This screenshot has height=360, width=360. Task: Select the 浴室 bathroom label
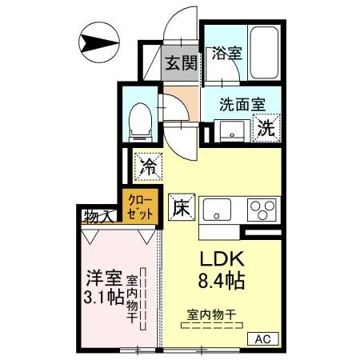(x=226, y=54)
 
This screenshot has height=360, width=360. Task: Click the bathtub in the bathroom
(x=264, y=53)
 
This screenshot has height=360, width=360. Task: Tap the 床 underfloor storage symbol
(x=181, y=206)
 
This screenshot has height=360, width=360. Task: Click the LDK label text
(x=220, y=261)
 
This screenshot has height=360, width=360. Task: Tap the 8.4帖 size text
(x=221, y=283)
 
